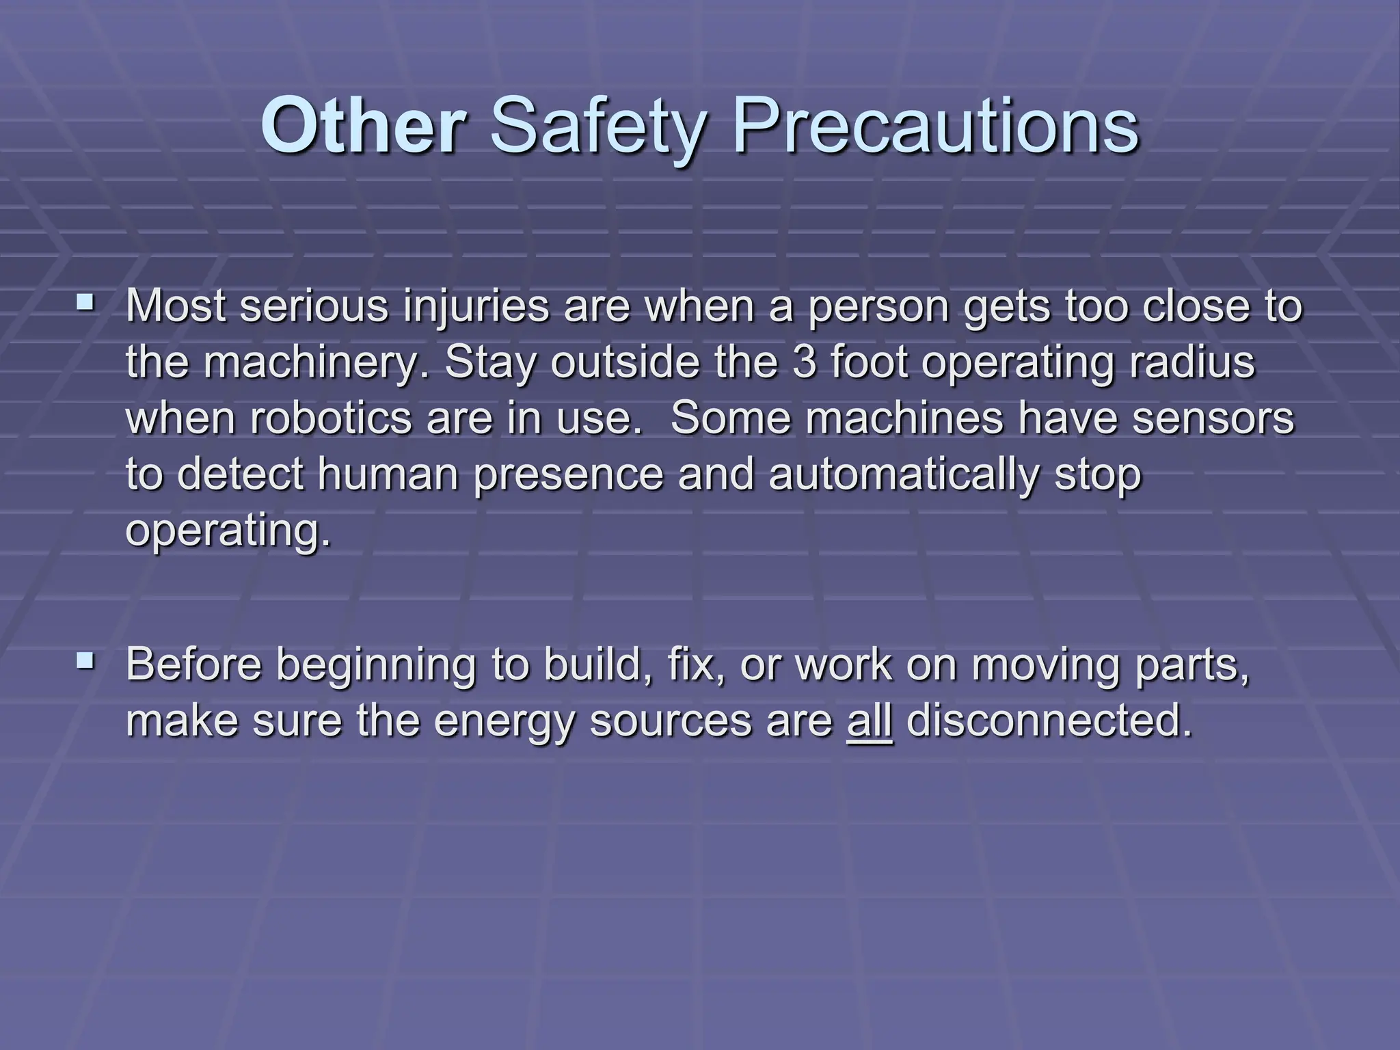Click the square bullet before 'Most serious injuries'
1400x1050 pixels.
click(85, 300)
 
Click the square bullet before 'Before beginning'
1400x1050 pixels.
click(85, 660)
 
